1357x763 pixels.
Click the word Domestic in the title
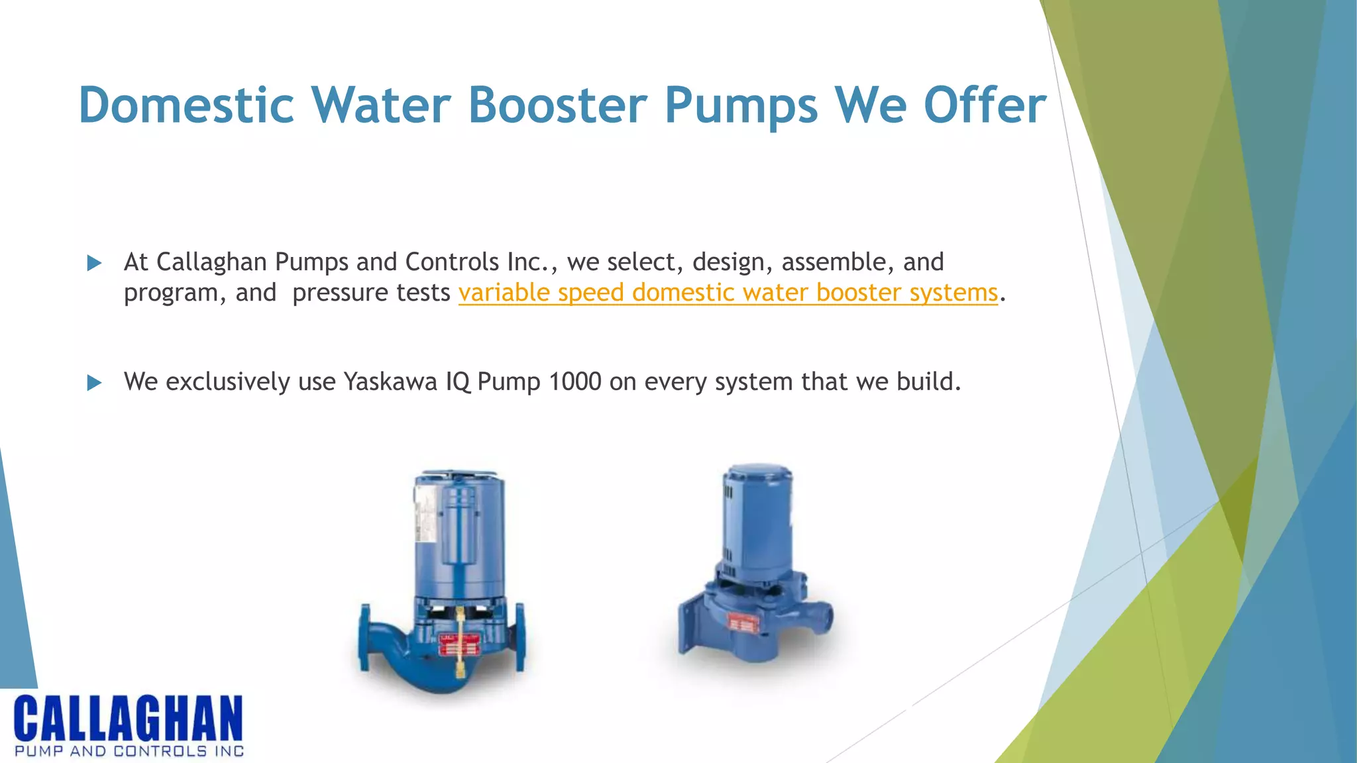pyautogui.click(x=186, y=105)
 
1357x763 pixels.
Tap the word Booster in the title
pyautogui.click(x=557, y=105)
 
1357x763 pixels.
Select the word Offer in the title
pyautogui.click(x=985, y=105)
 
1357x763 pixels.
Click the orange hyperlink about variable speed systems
pyautogui.click(x=728, y=292)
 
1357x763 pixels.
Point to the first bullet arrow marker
pyautogui.click(x=94, y=263)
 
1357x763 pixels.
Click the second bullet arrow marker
pyautogui.click(x=94, y=382)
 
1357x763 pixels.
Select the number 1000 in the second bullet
pyautogui.click(x=575, y=381)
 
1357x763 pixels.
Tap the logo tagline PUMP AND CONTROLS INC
pyautogui.click(x=129, y=751)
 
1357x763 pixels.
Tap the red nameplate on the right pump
pyautogui.click(x=742, y=623)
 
